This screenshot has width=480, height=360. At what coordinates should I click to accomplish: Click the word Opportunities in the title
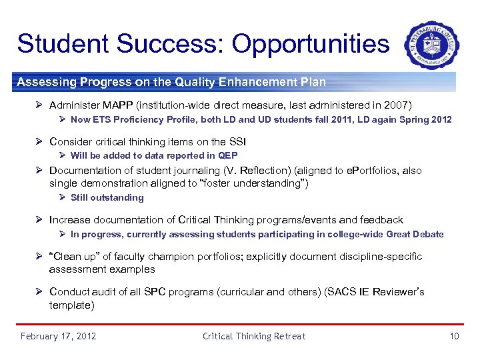pyautogui.click(x=310, y=43)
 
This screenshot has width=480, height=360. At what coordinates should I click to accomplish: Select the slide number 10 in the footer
pyautogui.click(x=454, y=336)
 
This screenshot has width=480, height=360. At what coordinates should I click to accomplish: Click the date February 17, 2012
pyautogui.click(x=59, y=336)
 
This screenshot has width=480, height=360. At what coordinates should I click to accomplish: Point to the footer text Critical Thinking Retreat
pyautogui.click(x=254, y=336)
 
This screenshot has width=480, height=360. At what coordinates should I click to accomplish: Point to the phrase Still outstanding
pyautogui.click(x=107, y=197)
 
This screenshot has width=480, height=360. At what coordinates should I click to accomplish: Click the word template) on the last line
pyautogui.click(x=72, y=305)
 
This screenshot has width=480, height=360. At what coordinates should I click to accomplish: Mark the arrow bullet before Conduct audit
pyautogui.click(x=41, y=292)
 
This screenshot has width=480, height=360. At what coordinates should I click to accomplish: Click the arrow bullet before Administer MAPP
pyautogui.click(x=41, y=105)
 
